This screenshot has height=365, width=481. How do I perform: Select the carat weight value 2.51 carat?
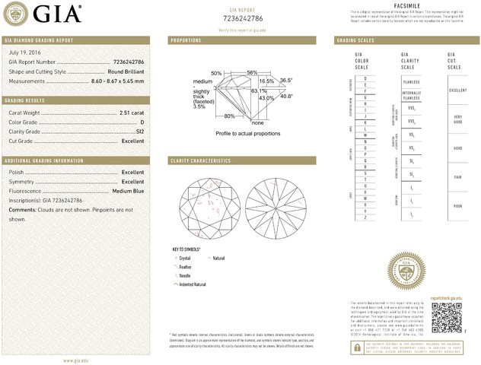tap(132, 113)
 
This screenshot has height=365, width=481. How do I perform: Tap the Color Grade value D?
tap(142, 122)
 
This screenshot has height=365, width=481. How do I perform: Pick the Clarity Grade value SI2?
tap(139, 132)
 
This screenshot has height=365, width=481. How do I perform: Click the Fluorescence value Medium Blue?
tap(128, 191)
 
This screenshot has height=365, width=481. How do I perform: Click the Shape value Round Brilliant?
tap(124, 71)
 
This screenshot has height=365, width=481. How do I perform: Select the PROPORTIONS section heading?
tap(186, 40)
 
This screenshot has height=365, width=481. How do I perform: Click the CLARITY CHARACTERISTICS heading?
tap(200, 161)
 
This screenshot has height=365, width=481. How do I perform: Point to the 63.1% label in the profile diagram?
tap(259, 91)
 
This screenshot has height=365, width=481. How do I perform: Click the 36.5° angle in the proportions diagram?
tap(286, 80)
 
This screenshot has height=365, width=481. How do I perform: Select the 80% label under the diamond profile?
tap(229, 116)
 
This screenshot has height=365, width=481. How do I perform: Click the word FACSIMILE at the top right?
tap(404, 5)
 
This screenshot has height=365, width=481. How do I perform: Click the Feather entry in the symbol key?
tap(188, 267)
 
